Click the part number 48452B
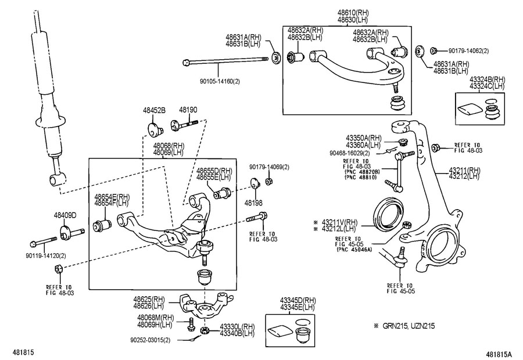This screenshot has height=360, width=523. click(154, 110)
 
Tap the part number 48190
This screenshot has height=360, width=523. click(188, 110)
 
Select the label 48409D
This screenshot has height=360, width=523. click(65, 215)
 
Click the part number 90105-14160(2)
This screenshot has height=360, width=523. click(220, 81)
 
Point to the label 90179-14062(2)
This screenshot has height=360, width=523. click(468, 51)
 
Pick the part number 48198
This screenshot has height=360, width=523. click(253, 203)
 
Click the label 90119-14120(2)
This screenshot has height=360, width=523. click(46, 256)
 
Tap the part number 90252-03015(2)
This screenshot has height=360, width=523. click(150, 340)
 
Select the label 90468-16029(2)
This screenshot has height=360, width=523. click(350, 153)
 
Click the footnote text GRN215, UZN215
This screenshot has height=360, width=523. click(409, 326)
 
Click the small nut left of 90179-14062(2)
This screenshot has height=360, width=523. click(434, 51)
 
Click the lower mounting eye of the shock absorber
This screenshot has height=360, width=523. click(58, 179)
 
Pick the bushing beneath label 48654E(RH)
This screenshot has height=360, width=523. click(102, 225)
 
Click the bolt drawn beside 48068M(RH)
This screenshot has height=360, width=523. click(191, 324)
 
